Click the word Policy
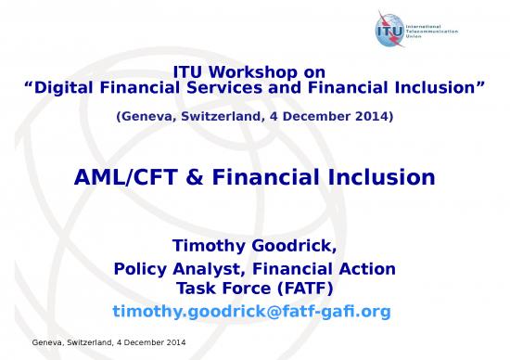click(x=138, y=269)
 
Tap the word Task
click(x=197, y=288)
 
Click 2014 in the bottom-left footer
click(x=173, y=344)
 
